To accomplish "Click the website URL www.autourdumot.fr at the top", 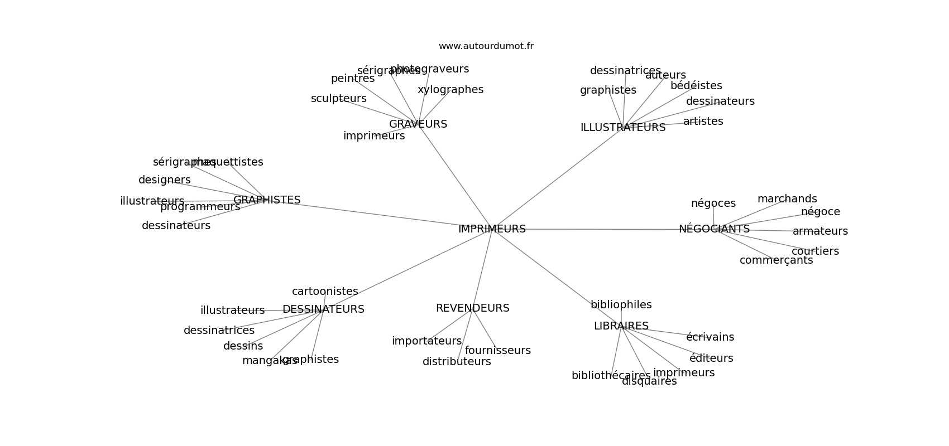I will tap(486, 46).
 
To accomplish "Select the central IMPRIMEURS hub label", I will tap(491, 229).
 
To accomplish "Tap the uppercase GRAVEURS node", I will tap(418, 124).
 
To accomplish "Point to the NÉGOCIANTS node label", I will tap(714, 229).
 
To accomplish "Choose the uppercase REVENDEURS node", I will tap(472, 308).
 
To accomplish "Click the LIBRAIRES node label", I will tap(621, 326).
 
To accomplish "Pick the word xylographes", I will tap(450, 90).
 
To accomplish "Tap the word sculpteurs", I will tap(338, 99).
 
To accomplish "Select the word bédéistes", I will tap(696, 86).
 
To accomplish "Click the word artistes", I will tap(703, 122).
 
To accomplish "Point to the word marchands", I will tap(787, 199).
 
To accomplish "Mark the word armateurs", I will tap(819, 231).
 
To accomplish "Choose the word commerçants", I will tap(776, 260).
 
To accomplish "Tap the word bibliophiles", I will tap(621, 305).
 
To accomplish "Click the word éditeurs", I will tap(711, 358).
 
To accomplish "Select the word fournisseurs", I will tap(497, 351).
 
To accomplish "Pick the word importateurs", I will tap(426, 341).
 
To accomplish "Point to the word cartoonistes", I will tap(325, 292).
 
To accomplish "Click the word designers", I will tap(164, 180).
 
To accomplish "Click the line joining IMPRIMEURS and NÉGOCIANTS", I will tap(603, 229).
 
